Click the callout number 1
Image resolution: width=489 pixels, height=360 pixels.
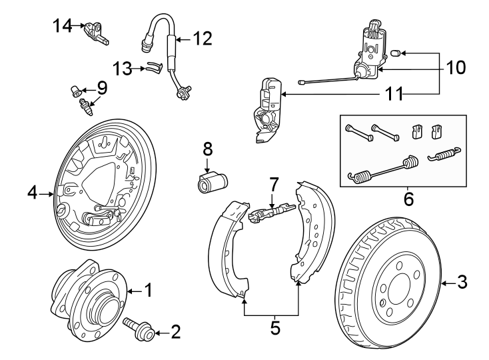click(149, 291)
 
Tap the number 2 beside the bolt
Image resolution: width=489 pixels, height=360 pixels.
click(176, 331)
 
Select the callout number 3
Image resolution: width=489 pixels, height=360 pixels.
click(462, 283)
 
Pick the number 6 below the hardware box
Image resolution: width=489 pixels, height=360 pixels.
click(408, 199)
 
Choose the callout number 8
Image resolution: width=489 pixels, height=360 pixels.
click(207, 147)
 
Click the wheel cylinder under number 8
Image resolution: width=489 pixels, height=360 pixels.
click(211, 181)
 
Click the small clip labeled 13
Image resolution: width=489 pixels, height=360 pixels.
click(154, 67)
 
